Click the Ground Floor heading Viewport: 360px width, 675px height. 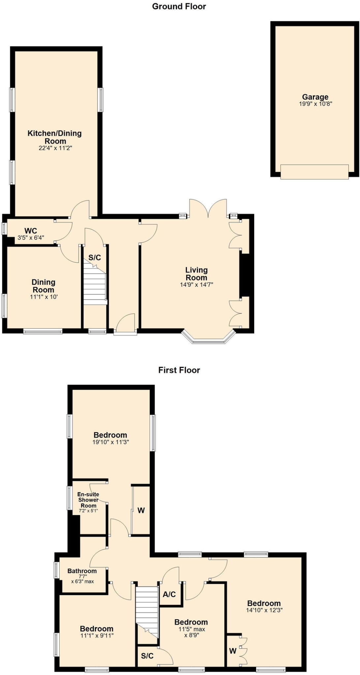(179, 6)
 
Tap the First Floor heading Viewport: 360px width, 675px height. (179, 370)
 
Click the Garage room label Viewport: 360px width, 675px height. (315, 97)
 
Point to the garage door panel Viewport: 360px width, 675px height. (314, 172)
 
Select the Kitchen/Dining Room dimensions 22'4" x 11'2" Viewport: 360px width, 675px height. (55, 148)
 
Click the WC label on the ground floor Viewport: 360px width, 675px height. (31, 231)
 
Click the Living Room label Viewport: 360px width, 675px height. (196, 274)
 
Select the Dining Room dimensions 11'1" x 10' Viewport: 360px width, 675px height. (44, 297)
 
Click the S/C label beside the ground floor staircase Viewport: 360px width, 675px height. (95, 257)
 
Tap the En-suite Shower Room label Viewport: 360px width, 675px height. (88, 500)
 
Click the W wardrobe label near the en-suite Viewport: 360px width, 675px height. (141, 511)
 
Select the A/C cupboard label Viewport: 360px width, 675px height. (169, 594)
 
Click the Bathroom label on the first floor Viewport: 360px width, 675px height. (82, 571)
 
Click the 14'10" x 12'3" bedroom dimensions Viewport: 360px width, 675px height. (264, 610)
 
